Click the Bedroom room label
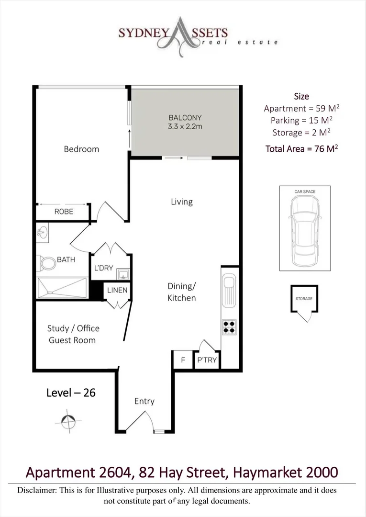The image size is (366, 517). pos(81,149)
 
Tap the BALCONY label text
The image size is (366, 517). pos(185,117)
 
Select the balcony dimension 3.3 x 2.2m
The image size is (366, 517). pos(185,126)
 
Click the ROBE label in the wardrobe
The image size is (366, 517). pos(64,211)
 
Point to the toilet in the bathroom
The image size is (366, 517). pos(47,262)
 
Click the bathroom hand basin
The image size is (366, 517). pos(41,233)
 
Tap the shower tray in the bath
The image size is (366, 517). pos(61,288)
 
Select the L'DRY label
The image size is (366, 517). pos(103,268)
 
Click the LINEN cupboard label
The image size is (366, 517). pos(117,290)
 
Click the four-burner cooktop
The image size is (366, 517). pos(229,326)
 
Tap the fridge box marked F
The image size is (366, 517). pos(183,360)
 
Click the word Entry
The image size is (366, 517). pos(144,401)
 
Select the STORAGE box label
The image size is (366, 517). pos(304,299)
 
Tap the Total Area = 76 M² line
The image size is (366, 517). pos(301,149)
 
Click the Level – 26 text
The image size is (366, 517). pos(71,393)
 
